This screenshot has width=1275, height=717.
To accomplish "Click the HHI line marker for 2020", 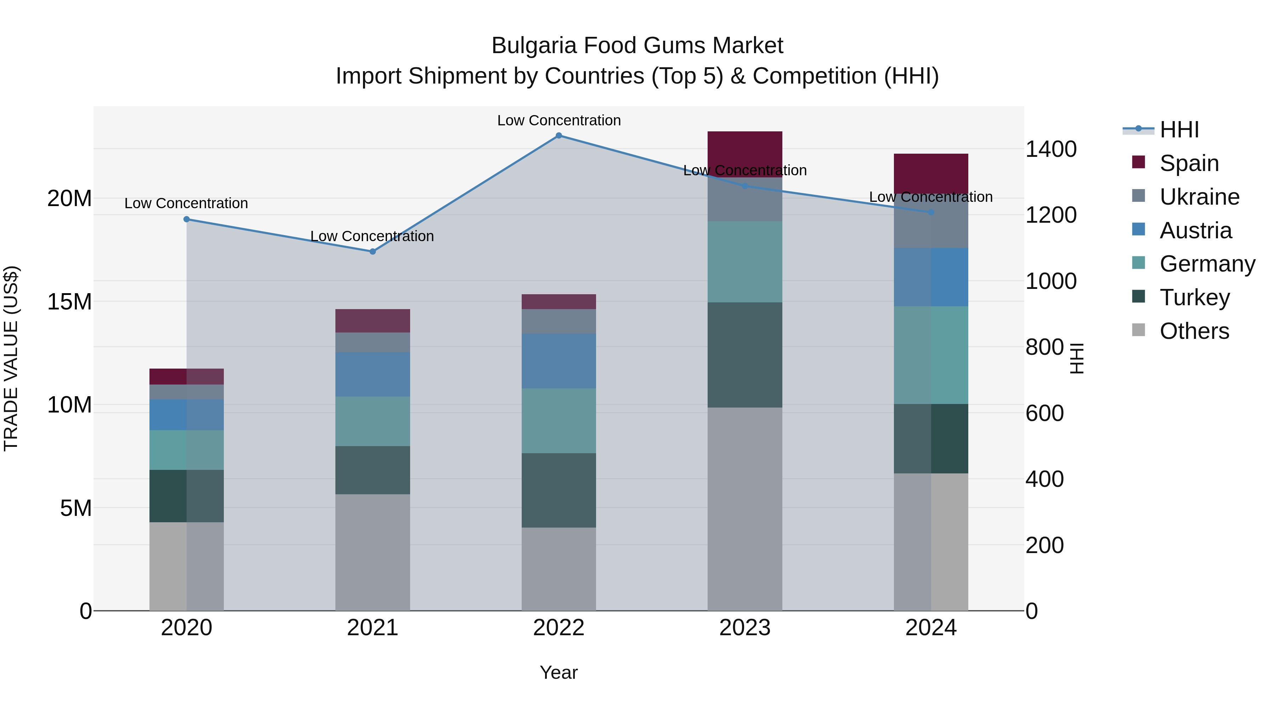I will pos(187,219).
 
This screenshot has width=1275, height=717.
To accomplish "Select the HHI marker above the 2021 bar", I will pos(373,251).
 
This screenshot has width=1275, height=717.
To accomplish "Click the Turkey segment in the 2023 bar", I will pos(744,355).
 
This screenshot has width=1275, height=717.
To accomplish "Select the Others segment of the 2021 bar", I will pos(372,552).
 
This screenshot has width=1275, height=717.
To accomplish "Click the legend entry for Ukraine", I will pos(1199,197).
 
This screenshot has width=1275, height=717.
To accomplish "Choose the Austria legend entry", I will pos(1195,231).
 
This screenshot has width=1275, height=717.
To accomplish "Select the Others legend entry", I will pos(1194,331).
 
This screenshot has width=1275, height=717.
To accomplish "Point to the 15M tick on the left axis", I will pos(69,302).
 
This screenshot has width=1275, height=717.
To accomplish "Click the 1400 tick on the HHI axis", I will pos(1050,149).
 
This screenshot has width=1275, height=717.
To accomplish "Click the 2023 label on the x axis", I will pos(744,628).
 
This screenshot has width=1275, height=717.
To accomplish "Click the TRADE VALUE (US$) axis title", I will pos(11,358).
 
